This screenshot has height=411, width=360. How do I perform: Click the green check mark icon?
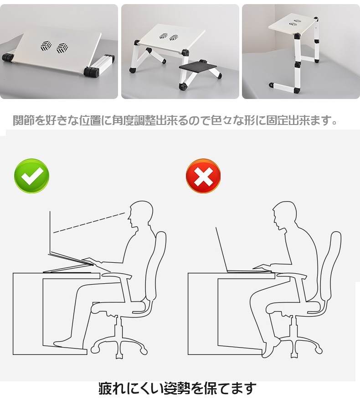tap(32, 176)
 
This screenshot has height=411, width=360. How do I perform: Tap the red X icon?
tap(203, 176)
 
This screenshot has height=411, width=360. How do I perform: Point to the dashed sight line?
tap(89, 223)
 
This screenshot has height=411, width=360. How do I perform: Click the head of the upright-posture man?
tap(140, 213)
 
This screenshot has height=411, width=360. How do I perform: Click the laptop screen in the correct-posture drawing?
tap(50, 233)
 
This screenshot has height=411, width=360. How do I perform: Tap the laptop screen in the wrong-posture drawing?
tap(221, 249)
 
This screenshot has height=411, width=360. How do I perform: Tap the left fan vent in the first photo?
tap(46, 46)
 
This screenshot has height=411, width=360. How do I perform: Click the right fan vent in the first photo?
tap(62, 48)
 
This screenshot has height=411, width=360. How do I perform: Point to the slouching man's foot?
tap(270, 348)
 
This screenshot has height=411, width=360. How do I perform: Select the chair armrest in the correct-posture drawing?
tap(117, 275)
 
